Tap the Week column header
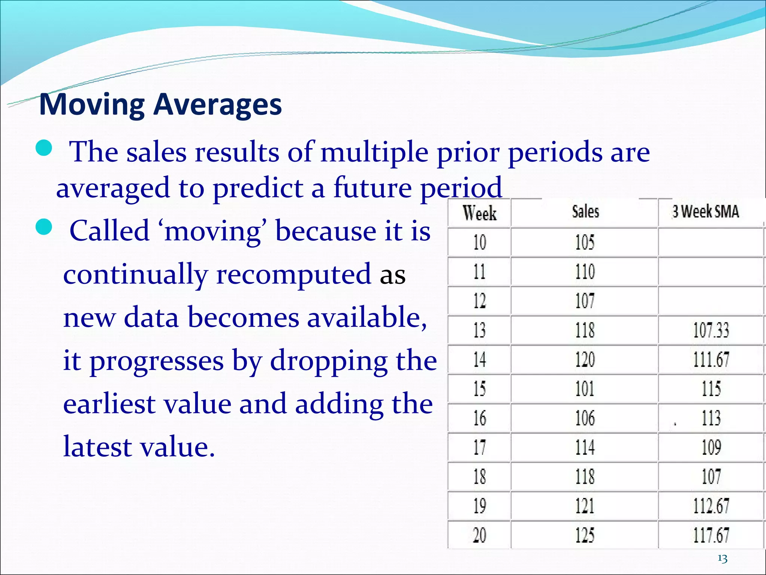click(x=479, y=213)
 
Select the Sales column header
click(x=585, y=212)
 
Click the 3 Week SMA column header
click(x=705, y=212)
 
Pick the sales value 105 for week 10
click(x=585, y=242)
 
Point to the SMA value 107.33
click(x=711, y=331)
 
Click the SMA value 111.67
click(x=711, y=360)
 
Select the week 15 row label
click(x=479, y=389)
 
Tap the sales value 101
click(x=585, y=389)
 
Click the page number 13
click(x=722, y=559)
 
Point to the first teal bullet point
click(x=44, y=148)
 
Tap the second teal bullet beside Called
click(x=44, y=227)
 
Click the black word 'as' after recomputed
click(x=392, y=276)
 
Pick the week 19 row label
click(x=479, y=506)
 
